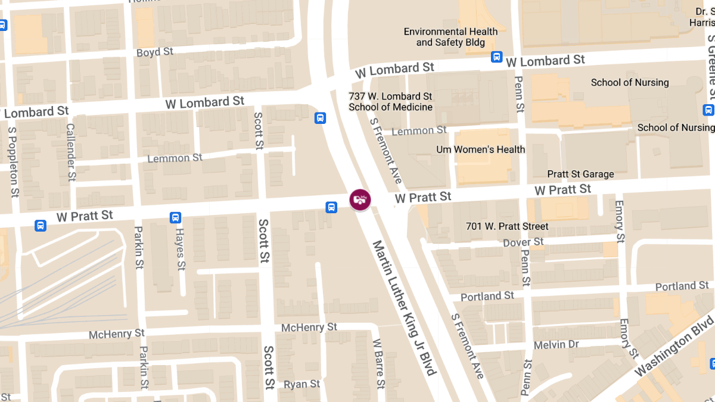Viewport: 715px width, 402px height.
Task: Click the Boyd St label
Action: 155,52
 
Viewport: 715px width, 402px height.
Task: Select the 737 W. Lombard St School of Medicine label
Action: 390,101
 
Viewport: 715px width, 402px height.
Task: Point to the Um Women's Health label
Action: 481,149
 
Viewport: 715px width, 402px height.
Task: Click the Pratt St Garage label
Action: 580,174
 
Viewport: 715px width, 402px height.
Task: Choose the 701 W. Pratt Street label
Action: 507,226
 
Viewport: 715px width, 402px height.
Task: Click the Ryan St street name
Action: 302,384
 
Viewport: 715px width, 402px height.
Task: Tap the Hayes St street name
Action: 179,249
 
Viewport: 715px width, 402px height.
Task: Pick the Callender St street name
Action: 71,152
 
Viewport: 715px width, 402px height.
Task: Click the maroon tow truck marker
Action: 360,200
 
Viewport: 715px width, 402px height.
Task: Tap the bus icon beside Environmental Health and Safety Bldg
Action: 496,57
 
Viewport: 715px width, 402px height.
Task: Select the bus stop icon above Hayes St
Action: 176,217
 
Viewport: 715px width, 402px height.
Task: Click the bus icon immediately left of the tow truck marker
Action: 331,207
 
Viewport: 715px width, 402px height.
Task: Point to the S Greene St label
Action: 711,66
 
